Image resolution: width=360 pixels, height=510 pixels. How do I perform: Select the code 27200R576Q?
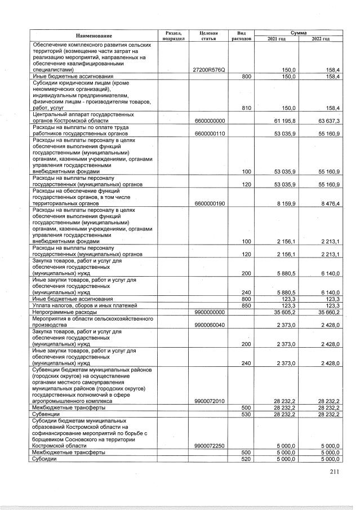tap(209, 69)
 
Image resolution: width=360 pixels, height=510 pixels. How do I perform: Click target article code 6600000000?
tap(209, 120)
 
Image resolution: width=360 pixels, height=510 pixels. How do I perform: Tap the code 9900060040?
tap(209, 324)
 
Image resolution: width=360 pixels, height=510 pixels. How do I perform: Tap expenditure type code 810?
tap(246, 108)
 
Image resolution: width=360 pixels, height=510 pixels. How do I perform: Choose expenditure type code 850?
tap(246, 305)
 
